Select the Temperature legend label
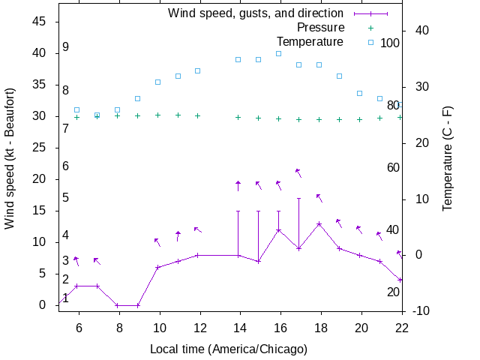coord(310,41)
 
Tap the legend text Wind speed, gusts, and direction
coord(256,13)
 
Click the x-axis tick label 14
coord(238,327)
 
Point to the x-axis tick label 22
coord(401,327)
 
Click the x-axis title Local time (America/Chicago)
coord(229,349)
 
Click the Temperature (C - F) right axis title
coord(448,157)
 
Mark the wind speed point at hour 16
coord(278,230)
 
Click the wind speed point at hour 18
coord(319,223)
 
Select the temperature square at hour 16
coord(278,53)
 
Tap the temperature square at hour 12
coord(198,70)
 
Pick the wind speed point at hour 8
coord(117,305)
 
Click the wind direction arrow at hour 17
coord(298,173)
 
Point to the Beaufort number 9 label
coord(66,47)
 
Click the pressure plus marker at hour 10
coord(157,115)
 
